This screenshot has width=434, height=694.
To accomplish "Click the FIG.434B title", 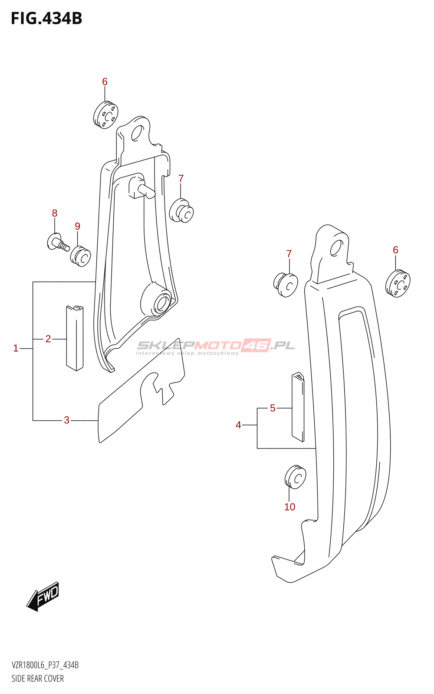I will pos(46,18).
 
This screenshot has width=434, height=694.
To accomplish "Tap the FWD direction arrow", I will pos(43,596).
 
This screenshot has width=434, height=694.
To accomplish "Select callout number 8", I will pos(55,213).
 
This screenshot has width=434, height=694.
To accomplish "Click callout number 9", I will pos(77,226).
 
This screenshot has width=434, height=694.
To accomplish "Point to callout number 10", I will pos(289,507).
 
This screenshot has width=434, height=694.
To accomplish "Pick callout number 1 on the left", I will pos(16,348).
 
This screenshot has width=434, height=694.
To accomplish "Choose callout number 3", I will pos(66,420).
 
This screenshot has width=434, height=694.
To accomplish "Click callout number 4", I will pos(238,425).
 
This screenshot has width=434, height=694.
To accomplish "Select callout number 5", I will pos(273,408).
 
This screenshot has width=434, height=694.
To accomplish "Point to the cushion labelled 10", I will pos(296,477).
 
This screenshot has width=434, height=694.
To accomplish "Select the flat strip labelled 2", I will pos(75,338).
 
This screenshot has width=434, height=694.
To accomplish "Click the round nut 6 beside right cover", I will pos(398,284).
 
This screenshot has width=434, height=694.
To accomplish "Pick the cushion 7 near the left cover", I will pos(181,210).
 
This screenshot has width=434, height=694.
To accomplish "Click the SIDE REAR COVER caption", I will pos(38,678).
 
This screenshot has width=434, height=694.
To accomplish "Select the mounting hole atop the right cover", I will pos(336,248).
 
